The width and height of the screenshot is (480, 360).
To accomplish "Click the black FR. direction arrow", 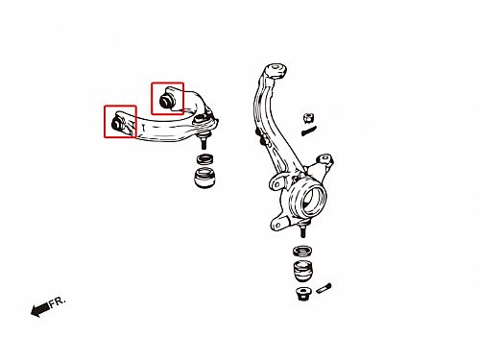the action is pyautogui.click(x=40, y=309).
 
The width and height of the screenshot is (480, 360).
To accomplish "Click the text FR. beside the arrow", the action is pyautogui.click(x=58, y=301).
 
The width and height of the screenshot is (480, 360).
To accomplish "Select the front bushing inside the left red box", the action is pyautogui.click(x=117, y=123).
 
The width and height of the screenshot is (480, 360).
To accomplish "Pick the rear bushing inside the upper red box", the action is pyautogui.click(x=167, y=99).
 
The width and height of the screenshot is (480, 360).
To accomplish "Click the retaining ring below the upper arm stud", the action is pyautogui.click(x=205, y=158).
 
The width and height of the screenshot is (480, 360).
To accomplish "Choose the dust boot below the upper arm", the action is pyautogui.click(x=205, y=178).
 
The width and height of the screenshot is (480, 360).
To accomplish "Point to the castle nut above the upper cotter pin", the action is pyautogui.click(x=308, y=118).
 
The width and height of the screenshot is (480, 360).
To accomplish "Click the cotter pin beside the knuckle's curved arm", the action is pyautogui.click(x=309, y=131).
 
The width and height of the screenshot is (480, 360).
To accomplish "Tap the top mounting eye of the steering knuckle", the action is pyautogui.click(x=276, y=71).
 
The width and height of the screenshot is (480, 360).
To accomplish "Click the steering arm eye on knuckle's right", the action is pyautogui.click(x=324, y=159).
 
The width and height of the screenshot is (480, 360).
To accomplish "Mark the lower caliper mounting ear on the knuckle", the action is pyautogui.click(x=278, y=224).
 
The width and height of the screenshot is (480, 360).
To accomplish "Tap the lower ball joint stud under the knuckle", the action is pyautogui.click(x=303, y=230).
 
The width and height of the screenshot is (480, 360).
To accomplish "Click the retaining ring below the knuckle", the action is pyautogui.click(x=302, y=252).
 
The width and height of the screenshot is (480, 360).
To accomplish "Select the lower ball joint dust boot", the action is pyautogui.click(x=302, y=271).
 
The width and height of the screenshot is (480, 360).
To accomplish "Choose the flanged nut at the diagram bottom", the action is pyautogui.click(x=302, y=294).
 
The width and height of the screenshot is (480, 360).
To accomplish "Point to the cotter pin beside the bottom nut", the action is pyautogui.click(x=324, y=288).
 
